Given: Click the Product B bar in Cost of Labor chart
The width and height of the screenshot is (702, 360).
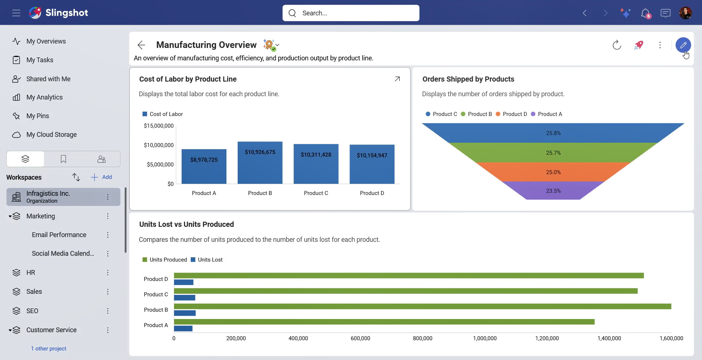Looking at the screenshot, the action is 260,162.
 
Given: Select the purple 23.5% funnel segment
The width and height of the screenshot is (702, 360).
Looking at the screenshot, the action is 553,191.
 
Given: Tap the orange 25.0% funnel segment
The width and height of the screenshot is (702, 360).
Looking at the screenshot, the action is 553,172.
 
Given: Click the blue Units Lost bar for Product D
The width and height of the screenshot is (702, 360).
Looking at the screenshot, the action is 184,282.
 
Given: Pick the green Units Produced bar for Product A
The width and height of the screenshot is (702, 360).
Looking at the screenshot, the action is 384,322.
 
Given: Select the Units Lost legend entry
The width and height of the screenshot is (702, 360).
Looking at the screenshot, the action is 207,260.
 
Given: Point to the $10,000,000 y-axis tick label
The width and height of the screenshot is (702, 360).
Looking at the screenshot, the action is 159,145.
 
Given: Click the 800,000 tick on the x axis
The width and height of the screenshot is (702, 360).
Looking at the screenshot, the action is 423,338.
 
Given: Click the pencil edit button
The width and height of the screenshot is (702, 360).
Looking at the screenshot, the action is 683,45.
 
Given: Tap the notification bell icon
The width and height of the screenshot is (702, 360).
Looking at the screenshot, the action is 646,13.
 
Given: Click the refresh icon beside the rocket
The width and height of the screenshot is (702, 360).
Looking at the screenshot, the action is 617,45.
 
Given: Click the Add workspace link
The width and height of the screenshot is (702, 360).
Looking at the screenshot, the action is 101,177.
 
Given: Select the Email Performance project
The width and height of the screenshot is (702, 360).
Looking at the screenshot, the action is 59,235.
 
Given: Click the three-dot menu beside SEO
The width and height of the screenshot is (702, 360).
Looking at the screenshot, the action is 108,311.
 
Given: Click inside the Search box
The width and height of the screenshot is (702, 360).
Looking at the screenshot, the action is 351,13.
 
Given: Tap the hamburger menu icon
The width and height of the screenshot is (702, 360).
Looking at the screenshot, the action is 16,13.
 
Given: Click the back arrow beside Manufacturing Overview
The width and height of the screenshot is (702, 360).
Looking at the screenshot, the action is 141,45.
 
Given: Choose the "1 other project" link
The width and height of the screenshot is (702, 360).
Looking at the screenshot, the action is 49,349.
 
